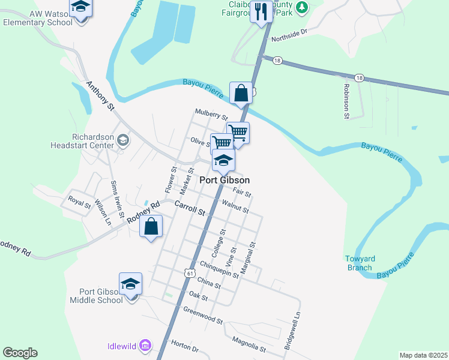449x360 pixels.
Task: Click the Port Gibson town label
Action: [x=224, y=180]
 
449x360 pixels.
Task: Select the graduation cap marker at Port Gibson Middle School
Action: [x=130, y=284]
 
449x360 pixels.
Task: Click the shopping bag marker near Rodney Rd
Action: [x=151, y=227]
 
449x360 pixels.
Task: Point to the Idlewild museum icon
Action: [x=144, y=345]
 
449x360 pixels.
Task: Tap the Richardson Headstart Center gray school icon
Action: [x=124, y=140]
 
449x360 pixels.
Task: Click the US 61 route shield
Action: [x=190, y=273]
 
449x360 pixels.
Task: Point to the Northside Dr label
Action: [x=289, y=37]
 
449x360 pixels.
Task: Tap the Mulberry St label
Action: [x=211, y=114]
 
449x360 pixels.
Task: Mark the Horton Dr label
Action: [x=184, y=346]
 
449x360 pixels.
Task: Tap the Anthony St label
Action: [x=100, y=96]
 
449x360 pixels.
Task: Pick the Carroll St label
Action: [x=190, y=208]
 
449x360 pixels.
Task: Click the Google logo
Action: [x=20, y=353]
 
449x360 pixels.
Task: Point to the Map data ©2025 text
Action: [x=423, y=355]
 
